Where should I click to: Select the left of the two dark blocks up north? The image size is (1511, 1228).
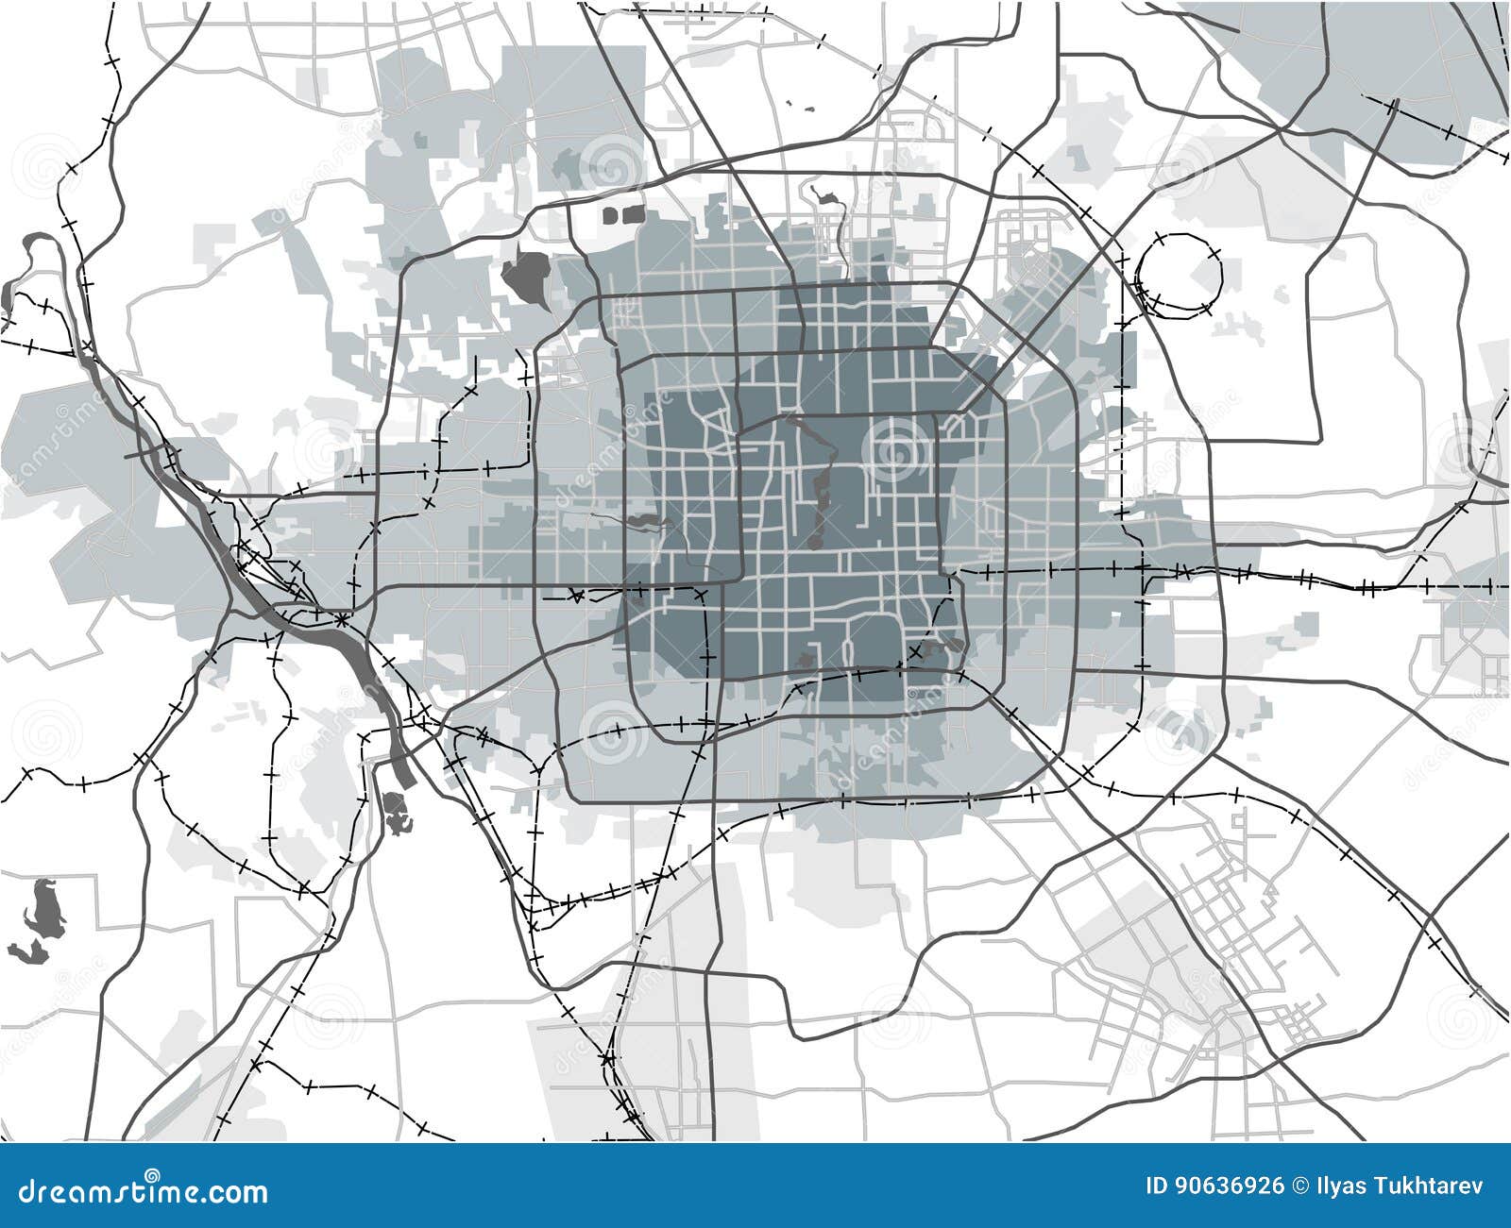tap(610, 216)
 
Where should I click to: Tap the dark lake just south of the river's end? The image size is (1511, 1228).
tap(397, 812)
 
